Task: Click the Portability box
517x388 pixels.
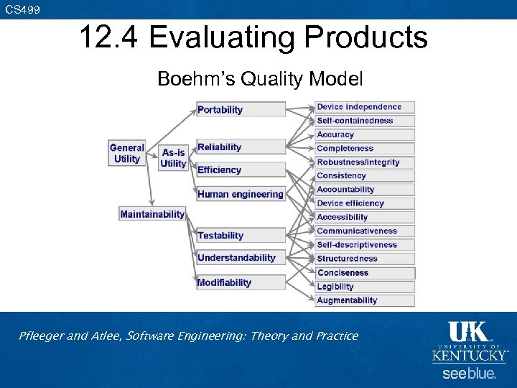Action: tap(241, 110)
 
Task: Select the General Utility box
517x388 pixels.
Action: tap(127, 153)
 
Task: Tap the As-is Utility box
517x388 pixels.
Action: tap(173, 158)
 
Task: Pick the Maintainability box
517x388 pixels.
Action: tap(152, 214)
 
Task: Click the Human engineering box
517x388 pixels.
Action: tap(241, 194)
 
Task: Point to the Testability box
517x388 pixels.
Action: tap(241, 236)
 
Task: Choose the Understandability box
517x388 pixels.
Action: tap(241, 258)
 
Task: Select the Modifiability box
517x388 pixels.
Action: tap(241, 282)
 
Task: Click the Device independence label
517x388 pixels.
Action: tap(365, 107)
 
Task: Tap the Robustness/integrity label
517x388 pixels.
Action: tap(365, 162)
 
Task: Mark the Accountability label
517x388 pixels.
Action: tap(365, 190)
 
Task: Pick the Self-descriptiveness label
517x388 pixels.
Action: tap(365, 245)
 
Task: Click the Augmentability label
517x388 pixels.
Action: tap(365, 300)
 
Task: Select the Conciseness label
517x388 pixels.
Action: tap(365, 273)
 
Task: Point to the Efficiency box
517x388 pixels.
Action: tap(241, 170)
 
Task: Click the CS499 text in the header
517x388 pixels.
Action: tap(23, 9)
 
